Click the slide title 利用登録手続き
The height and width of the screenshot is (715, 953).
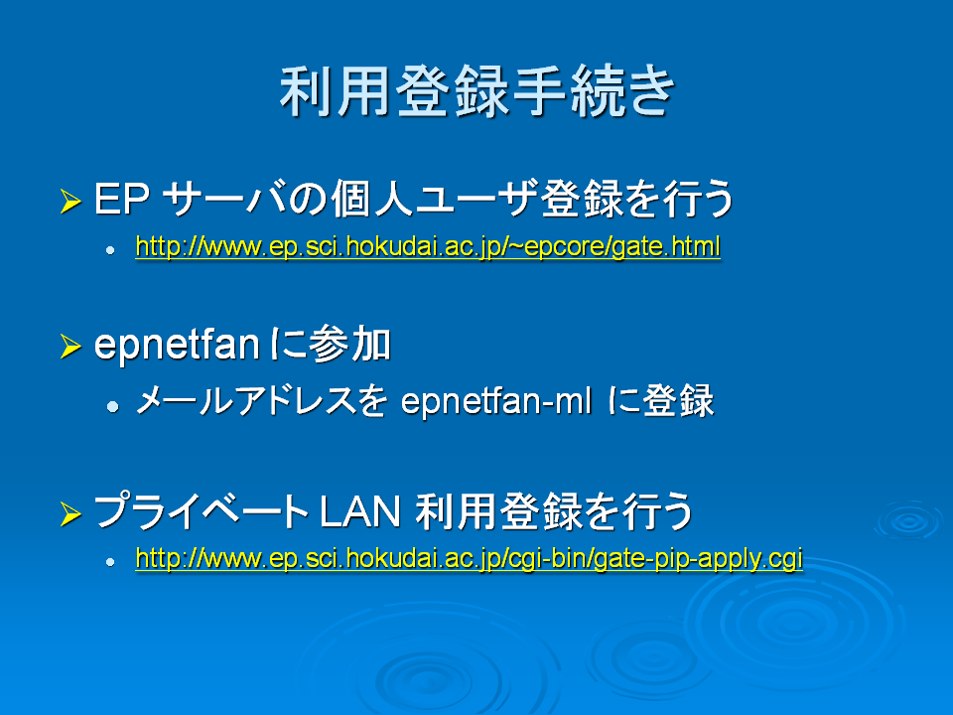click(477, 91)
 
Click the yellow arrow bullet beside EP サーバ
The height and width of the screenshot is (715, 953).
click(71, 202)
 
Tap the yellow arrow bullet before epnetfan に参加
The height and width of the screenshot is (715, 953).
click(71, 346)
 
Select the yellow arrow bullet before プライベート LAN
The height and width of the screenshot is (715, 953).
click(71, 513)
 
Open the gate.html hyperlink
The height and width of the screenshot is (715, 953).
click(428, 247)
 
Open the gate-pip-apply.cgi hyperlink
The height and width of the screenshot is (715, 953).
click(470, 559)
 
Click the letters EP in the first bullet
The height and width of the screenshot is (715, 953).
click(121, 199)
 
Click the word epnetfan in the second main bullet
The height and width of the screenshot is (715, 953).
click(178, 346)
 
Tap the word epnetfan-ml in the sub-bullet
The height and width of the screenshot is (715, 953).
click(496, 402)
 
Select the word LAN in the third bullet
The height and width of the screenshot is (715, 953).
click(359, 511)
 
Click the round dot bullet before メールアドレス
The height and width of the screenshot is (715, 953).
click(112, 405)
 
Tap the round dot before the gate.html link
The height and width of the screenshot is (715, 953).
click(110, 250)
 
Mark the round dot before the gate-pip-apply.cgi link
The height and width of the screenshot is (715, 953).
click(110, 562)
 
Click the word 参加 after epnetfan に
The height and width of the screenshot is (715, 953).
click(350, 345)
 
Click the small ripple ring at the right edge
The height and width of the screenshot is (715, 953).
click(910, 520)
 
